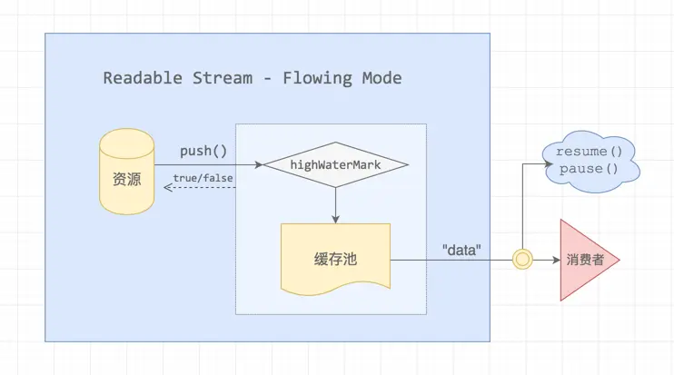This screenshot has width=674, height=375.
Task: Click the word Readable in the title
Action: (142, 78)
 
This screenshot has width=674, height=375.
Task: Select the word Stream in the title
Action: (220, 78)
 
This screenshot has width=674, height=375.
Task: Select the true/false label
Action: (203, 177)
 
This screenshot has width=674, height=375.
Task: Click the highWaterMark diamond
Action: (336, 165)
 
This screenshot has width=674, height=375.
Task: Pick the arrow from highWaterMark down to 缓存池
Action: (336, 204)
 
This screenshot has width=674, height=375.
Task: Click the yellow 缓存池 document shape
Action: (336, 258)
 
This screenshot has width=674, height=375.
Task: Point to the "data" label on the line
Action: (461, 248)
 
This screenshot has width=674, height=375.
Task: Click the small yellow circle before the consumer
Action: (522, 260)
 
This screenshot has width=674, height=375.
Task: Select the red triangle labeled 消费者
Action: (585, 260)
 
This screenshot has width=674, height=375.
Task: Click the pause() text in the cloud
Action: (589, 169)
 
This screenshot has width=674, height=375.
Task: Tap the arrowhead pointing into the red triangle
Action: (554, 260)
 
